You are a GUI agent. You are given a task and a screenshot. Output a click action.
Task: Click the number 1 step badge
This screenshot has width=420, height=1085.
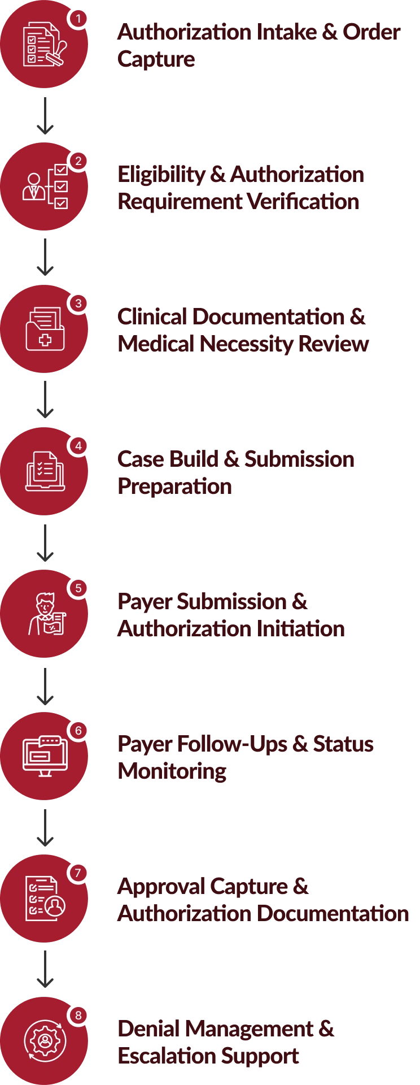coord(78,19)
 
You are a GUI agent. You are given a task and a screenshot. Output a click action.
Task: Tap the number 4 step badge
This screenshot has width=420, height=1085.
coord(78,446)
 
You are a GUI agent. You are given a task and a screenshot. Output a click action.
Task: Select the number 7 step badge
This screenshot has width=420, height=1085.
coord(78,873)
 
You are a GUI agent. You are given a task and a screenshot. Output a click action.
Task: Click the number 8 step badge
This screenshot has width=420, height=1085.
coord(78,1015)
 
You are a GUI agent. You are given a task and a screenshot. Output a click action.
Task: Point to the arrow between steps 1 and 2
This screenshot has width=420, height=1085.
coord(45,116)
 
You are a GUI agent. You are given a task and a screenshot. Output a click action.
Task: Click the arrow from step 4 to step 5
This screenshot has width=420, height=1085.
coord(45,544)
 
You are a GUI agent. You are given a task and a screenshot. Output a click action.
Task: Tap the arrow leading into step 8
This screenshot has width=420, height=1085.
coord(45,970)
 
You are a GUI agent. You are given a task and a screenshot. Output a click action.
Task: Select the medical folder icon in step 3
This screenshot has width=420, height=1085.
coord(45,329)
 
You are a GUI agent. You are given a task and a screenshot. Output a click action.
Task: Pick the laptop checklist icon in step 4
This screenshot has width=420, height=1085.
coord(45,471)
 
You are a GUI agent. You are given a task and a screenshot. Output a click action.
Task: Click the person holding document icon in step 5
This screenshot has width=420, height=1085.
coord(47,614)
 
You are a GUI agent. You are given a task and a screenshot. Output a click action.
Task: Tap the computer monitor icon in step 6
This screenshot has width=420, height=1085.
coord(45,756)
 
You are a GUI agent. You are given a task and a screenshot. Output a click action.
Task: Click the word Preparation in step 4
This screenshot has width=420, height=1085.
coord(175,487)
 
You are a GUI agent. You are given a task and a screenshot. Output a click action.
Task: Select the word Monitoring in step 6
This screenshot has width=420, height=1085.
coord(173,771)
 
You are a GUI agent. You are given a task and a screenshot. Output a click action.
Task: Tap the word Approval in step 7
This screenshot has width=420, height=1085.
coord(161,887)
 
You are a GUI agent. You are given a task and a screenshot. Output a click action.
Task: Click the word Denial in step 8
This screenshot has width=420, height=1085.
coord(148,1029)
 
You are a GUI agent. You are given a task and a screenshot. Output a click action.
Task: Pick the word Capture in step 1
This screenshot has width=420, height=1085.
coord(157,59)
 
